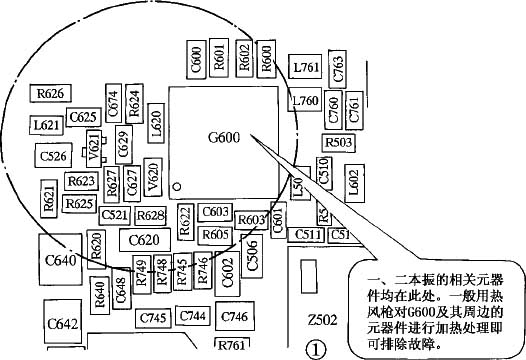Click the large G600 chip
(224, 139)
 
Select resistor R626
(51, 93)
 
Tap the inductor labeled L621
(46, 127)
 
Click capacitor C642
(62, 325)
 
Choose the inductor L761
(306, 68)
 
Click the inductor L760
(305, 101)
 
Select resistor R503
(339, 143)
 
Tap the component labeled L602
(352, 179)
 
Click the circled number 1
(316, 350)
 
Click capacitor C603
(215, 212)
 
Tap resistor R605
(215, 234)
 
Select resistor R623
(81, 181)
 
